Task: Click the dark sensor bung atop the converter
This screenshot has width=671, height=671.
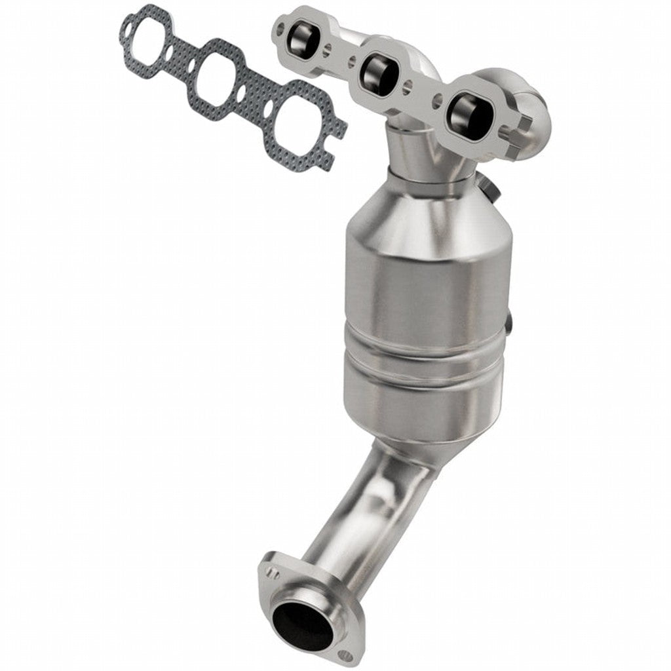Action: point(491,185)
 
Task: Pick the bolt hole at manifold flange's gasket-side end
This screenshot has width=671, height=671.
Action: point(281,28)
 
